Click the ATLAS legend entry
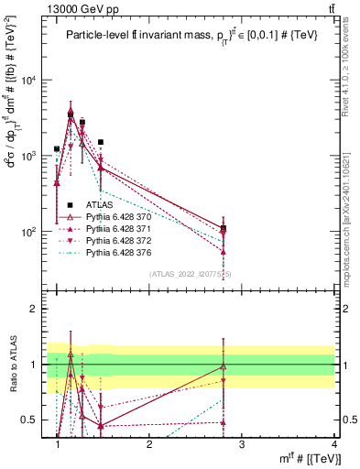pyautogui.click(x=99, y=206)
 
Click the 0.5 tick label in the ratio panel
pyautogui.click(x=31, y=420)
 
